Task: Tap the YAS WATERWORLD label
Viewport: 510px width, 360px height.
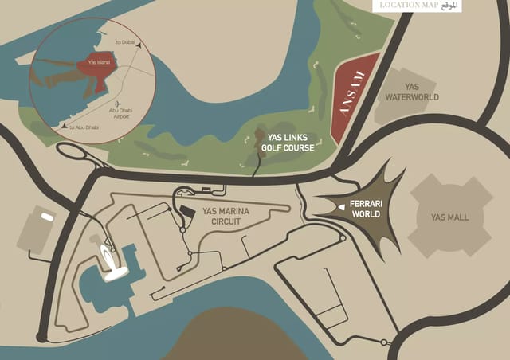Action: (412, 92)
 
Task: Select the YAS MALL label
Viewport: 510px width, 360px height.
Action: (449, 217)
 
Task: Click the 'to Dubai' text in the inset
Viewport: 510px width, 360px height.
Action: (125, 41)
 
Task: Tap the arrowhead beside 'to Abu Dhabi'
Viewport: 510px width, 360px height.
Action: (63, 126)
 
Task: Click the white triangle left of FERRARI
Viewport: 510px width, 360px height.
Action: (341, 206)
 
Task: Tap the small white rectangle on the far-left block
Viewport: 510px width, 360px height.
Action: (48, 217)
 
